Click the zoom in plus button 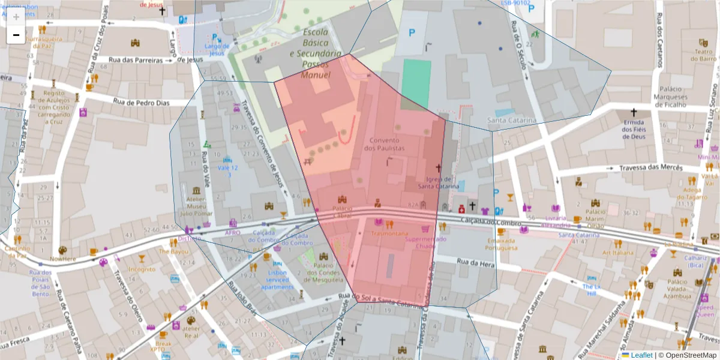16,17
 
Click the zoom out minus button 16,35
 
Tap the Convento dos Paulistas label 384,143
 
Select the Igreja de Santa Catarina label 443,182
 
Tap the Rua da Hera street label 475,262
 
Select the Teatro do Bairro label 705,55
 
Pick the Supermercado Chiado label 425,242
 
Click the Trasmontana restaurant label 389,233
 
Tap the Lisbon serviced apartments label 278,280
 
